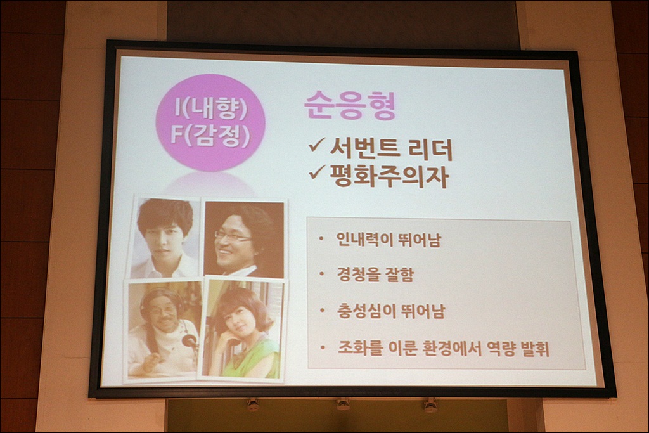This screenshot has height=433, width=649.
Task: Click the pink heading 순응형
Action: tap(350, 106)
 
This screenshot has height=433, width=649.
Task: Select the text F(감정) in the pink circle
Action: tap(210, 136)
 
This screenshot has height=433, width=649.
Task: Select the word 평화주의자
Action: tap(389, 177)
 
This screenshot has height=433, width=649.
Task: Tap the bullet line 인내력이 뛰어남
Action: tap(389, 239)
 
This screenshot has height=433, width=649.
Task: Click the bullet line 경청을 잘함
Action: tap(375, 275)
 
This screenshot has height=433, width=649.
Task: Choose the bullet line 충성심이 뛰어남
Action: tap(390, 311)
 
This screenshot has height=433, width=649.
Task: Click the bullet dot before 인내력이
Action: tap(321, 239)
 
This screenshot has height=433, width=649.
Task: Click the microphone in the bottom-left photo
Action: tap(190, 341)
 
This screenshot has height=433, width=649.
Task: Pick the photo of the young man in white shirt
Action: tap(165, 237)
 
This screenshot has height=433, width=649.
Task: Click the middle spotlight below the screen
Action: tap(343, 403)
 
